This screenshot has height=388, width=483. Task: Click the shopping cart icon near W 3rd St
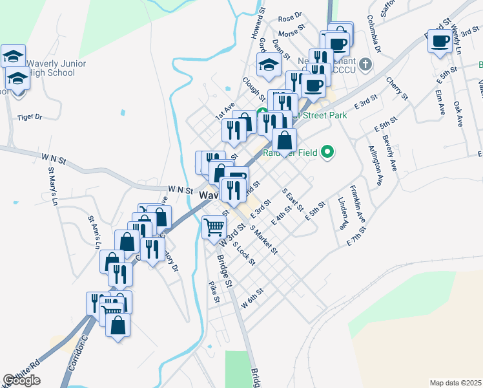[x=214, y=227]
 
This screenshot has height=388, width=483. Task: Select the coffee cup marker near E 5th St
[x=440, y=42]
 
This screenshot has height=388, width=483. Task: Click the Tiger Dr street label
[x=30, y=117]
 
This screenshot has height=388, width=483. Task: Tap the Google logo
[x=21, y=380]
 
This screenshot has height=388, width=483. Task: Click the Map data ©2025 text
[x=456, y=383]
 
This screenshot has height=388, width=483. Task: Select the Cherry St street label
[x=397, y=88]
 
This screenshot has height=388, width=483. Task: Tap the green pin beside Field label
[x=327, y=153]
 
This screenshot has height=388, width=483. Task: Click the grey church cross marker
[x=366, y=63]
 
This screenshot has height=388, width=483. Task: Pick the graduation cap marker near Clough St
[x=268, y=64]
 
